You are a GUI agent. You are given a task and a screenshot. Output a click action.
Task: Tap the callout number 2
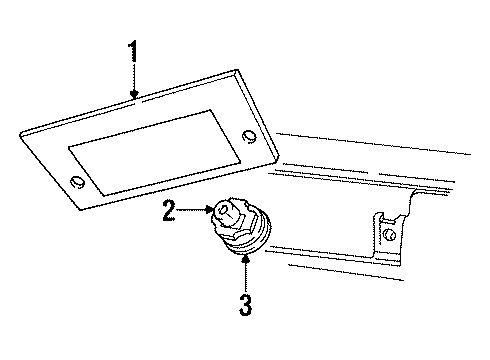click(170, 211)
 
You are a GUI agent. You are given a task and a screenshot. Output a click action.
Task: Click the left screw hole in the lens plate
click(77, 182)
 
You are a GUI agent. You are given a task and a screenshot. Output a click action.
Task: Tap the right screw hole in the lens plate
click(248, 136)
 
